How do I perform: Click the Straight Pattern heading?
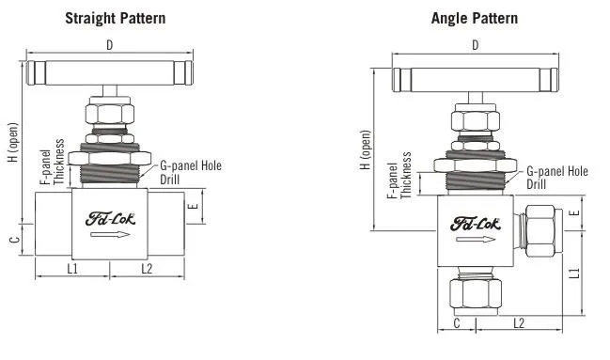116,18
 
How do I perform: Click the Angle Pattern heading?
475,18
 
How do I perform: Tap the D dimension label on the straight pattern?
110,45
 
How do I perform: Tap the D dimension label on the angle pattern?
475,45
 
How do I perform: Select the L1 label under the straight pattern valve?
72,268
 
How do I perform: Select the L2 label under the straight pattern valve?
147,268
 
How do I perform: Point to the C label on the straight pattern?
15,239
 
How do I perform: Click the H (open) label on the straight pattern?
13,143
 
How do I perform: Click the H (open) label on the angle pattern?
366,149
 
